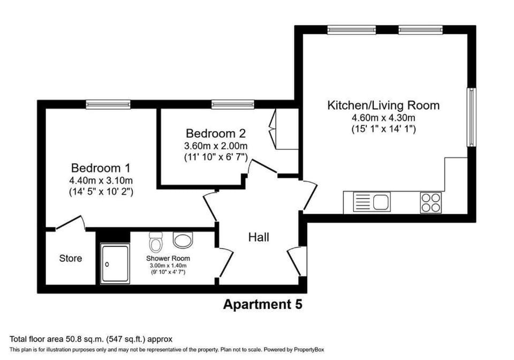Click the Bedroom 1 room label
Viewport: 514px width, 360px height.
pos(101,168)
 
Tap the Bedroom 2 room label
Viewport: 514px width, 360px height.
pos(216,133)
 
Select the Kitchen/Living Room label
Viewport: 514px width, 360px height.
pos(383,105)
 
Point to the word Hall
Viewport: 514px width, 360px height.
pos(259,237)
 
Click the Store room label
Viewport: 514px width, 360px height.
pos(71,258)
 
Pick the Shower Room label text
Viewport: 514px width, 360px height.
pos(168,258)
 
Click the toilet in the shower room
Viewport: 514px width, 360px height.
pos(156,242)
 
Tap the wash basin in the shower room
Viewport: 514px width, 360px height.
pos(183,241)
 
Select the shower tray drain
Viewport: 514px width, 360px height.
pos(107,264)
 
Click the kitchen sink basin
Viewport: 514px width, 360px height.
pos(381,201)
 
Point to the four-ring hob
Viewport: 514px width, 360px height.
pos(431,202)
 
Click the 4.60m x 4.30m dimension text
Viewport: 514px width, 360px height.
pos(383,117)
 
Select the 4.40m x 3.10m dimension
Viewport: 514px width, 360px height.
pos(101,181)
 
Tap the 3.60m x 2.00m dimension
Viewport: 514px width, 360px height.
pos(216,146)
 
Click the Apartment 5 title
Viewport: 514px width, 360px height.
pos(262,304)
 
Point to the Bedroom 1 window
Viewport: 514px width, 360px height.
pos(108,104)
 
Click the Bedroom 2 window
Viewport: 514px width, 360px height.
pos(233,104)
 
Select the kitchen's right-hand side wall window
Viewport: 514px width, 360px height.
pos(471,117)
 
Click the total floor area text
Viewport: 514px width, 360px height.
pos(91,339)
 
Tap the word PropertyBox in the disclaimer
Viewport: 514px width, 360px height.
pos(309,349)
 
